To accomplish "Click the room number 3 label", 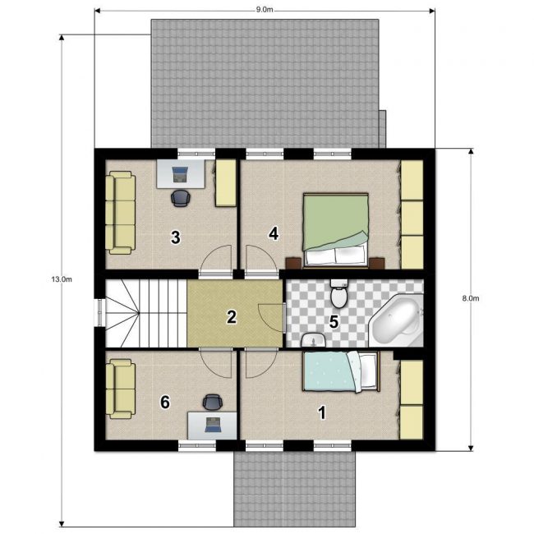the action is (175, 237).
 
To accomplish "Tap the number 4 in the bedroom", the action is (274, 233).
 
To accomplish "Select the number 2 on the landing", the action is (232, 317).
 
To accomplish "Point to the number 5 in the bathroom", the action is (334, 322).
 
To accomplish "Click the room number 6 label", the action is (165, 403).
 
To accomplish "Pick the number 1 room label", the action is (322, 412).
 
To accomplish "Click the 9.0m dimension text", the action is (265, 10).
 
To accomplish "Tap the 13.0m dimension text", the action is (62, 279).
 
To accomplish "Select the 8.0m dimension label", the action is (471, 298).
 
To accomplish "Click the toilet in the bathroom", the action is (338, 293).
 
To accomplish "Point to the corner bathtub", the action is (397, 320).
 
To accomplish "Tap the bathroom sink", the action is (313, 340).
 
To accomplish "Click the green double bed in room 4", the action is (336, 230).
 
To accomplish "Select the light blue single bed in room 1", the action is (341, 371).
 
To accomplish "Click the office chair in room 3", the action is (181, 198).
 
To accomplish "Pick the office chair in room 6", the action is (213, 403).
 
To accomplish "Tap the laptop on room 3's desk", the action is (179, 174).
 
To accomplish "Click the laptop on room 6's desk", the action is (213, 425).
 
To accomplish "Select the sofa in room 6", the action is (121, 389).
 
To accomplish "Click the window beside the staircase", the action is (99, 312).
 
